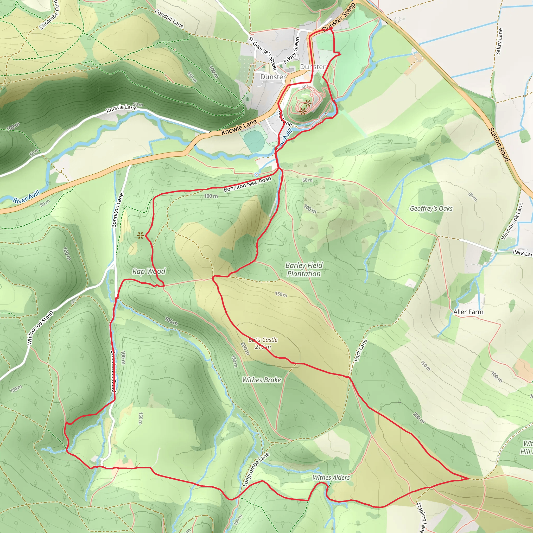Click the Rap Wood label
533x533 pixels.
149,271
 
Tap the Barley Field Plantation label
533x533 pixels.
304,270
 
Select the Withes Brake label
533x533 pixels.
262,380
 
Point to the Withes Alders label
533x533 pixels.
331,478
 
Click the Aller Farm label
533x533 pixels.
468,312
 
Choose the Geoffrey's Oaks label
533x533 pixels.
431,208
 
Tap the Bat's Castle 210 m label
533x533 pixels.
263,343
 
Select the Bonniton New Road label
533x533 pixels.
248,184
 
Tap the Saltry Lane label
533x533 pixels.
499,42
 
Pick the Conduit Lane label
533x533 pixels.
169,19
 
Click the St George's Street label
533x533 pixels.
263,54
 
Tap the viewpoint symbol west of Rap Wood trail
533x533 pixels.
141,235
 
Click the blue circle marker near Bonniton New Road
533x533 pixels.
257,175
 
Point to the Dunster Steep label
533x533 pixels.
339,17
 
